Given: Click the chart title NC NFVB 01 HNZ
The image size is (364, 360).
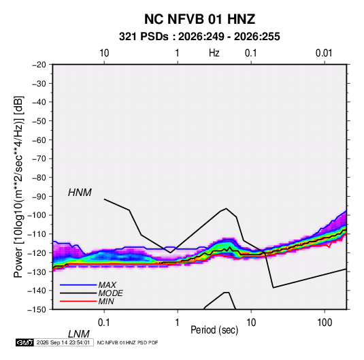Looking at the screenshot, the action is click(x=199, y=19).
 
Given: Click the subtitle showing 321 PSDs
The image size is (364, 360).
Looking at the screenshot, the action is click(x=199, y=37).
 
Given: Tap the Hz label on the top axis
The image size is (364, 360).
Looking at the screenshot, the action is click(x=214, y=53).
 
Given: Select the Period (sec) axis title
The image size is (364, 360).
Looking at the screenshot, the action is click(x=214, y=330).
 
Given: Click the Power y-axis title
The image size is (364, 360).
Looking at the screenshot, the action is click(x=18, y=187).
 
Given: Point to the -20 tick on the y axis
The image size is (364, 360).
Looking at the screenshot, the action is click(x=39, y=65).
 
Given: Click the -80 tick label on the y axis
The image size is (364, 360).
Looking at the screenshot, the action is click(x=39, y=178).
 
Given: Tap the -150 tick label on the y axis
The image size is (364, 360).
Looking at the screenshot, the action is click(x=37, y=310).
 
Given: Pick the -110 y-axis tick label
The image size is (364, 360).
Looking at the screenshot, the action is click(x=37, y=234).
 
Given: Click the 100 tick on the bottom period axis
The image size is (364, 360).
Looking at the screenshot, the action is click(x=325, y=323).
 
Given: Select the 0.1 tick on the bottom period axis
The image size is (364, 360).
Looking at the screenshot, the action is click(x=104, y=323).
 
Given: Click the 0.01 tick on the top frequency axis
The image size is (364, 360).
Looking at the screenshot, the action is click(x=324, y=53).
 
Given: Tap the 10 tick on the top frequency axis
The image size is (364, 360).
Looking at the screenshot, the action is click(x=104, y=53).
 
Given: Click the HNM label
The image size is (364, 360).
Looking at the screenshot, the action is click(x=80, y=193).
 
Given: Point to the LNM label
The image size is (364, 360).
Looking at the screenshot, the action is click(x=79, y=334).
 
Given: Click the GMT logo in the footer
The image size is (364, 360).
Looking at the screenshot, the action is click(x=24, y=342).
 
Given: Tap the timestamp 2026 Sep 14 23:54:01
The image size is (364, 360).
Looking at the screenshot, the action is click(x=63, y=342).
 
